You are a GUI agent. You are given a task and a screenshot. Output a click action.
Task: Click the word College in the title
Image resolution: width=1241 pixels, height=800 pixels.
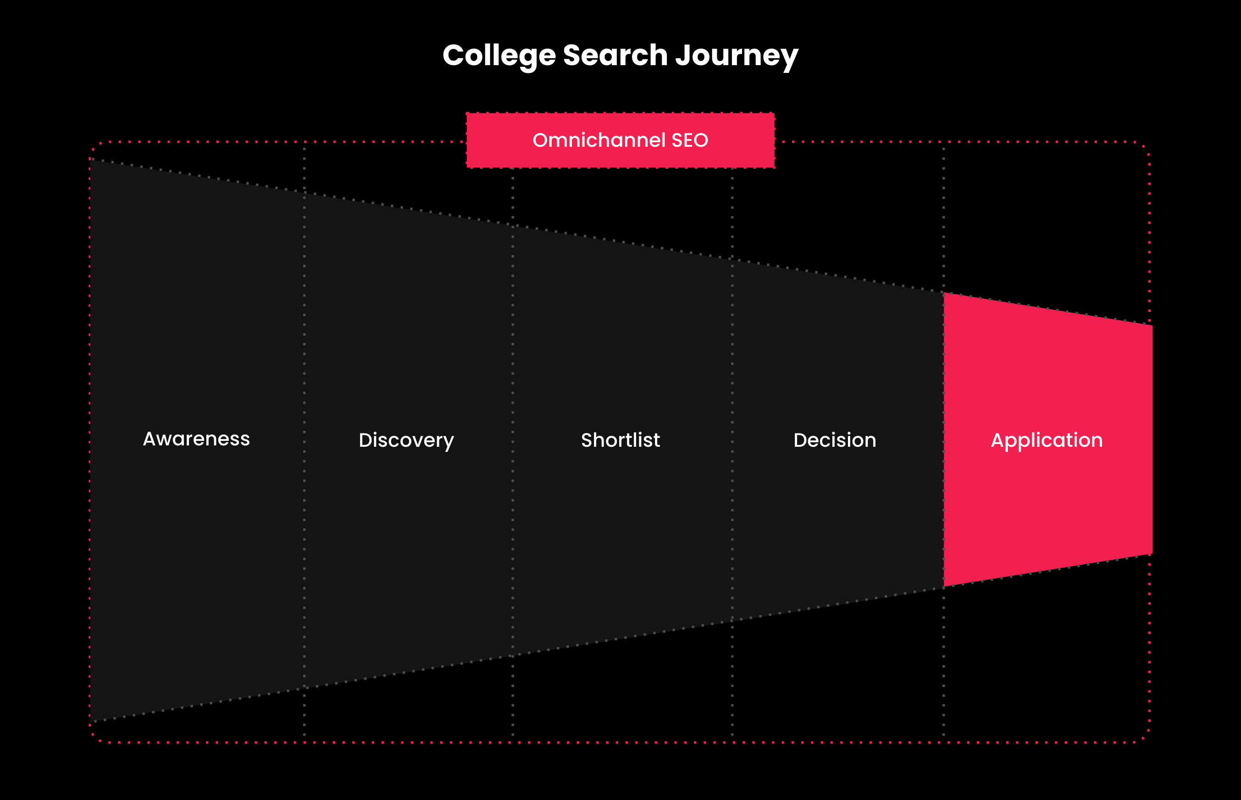click(499, 56)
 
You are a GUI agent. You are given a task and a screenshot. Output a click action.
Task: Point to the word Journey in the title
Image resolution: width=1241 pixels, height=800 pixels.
click(737, 56)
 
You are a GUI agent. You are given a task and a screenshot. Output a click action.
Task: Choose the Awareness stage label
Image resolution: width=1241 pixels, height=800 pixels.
click(196, 439)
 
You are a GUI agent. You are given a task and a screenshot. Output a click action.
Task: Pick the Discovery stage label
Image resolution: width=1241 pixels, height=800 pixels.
click(406, 440)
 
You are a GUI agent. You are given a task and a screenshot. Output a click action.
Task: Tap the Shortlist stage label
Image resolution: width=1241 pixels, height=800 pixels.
click(620, 440)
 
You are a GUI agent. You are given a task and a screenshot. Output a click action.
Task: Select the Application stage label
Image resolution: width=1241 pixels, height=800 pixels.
click(1047, 440)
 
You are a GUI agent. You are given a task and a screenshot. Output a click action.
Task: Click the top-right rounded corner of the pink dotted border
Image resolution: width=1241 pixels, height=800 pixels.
click(1146, 146)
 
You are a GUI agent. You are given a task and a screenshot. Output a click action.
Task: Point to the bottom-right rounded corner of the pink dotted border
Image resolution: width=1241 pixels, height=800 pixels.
click(1146, 738)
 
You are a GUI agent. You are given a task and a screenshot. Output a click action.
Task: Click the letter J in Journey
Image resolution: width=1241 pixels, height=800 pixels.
click(683, 55)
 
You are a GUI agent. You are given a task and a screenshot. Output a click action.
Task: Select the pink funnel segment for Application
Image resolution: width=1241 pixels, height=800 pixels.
click(1047, 439)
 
